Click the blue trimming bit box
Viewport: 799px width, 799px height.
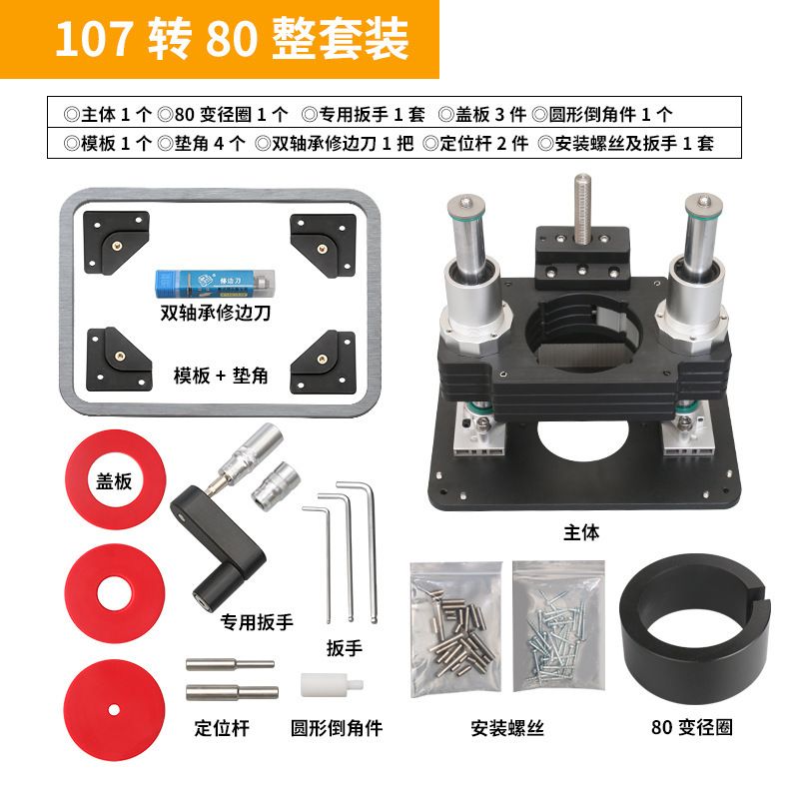(x=215, y=284)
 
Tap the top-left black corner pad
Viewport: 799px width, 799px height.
(x=116, y=243)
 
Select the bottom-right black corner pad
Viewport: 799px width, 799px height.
(x=323, y=363)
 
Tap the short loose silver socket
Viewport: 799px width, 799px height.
(x=276, y=484)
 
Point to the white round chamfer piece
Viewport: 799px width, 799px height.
(x=332, y=684)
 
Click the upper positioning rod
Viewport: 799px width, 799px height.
(x=231, y=664)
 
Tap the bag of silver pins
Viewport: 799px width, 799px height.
(x=456, y=629)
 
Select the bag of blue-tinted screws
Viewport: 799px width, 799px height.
(x=558, y=626)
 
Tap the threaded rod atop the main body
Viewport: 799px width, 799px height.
(x=583, y=208)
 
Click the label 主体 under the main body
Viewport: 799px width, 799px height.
(x=581, y=532)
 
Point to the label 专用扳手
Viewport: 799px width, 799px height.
(x=257, y=621)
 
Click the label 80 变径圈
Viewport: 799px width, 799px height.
(x=692, y=727)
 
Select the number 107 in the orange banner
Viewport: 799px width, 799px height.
(x=94, y=39)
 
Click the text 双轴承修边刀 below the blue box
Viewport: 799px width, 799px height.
(x=215, y=313)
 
